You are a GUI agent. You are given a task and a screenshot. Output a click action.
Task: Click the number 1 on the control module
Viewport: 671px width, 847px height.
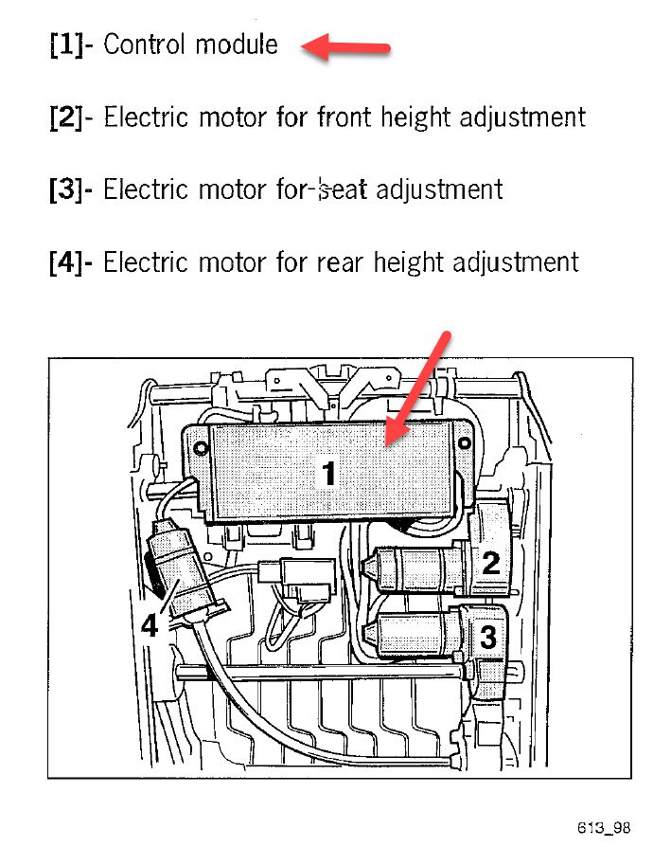328,473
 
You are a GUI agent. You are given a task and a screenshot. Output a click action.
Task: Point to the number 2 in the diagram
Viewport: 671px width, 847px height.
490,564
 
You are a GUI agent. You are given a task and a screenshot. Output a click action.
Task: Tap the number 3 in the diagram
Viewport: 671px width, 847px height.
487,637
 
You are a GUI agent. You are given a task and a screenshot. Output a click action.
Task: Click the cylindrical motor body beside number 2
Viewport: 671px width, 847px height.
421,569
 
